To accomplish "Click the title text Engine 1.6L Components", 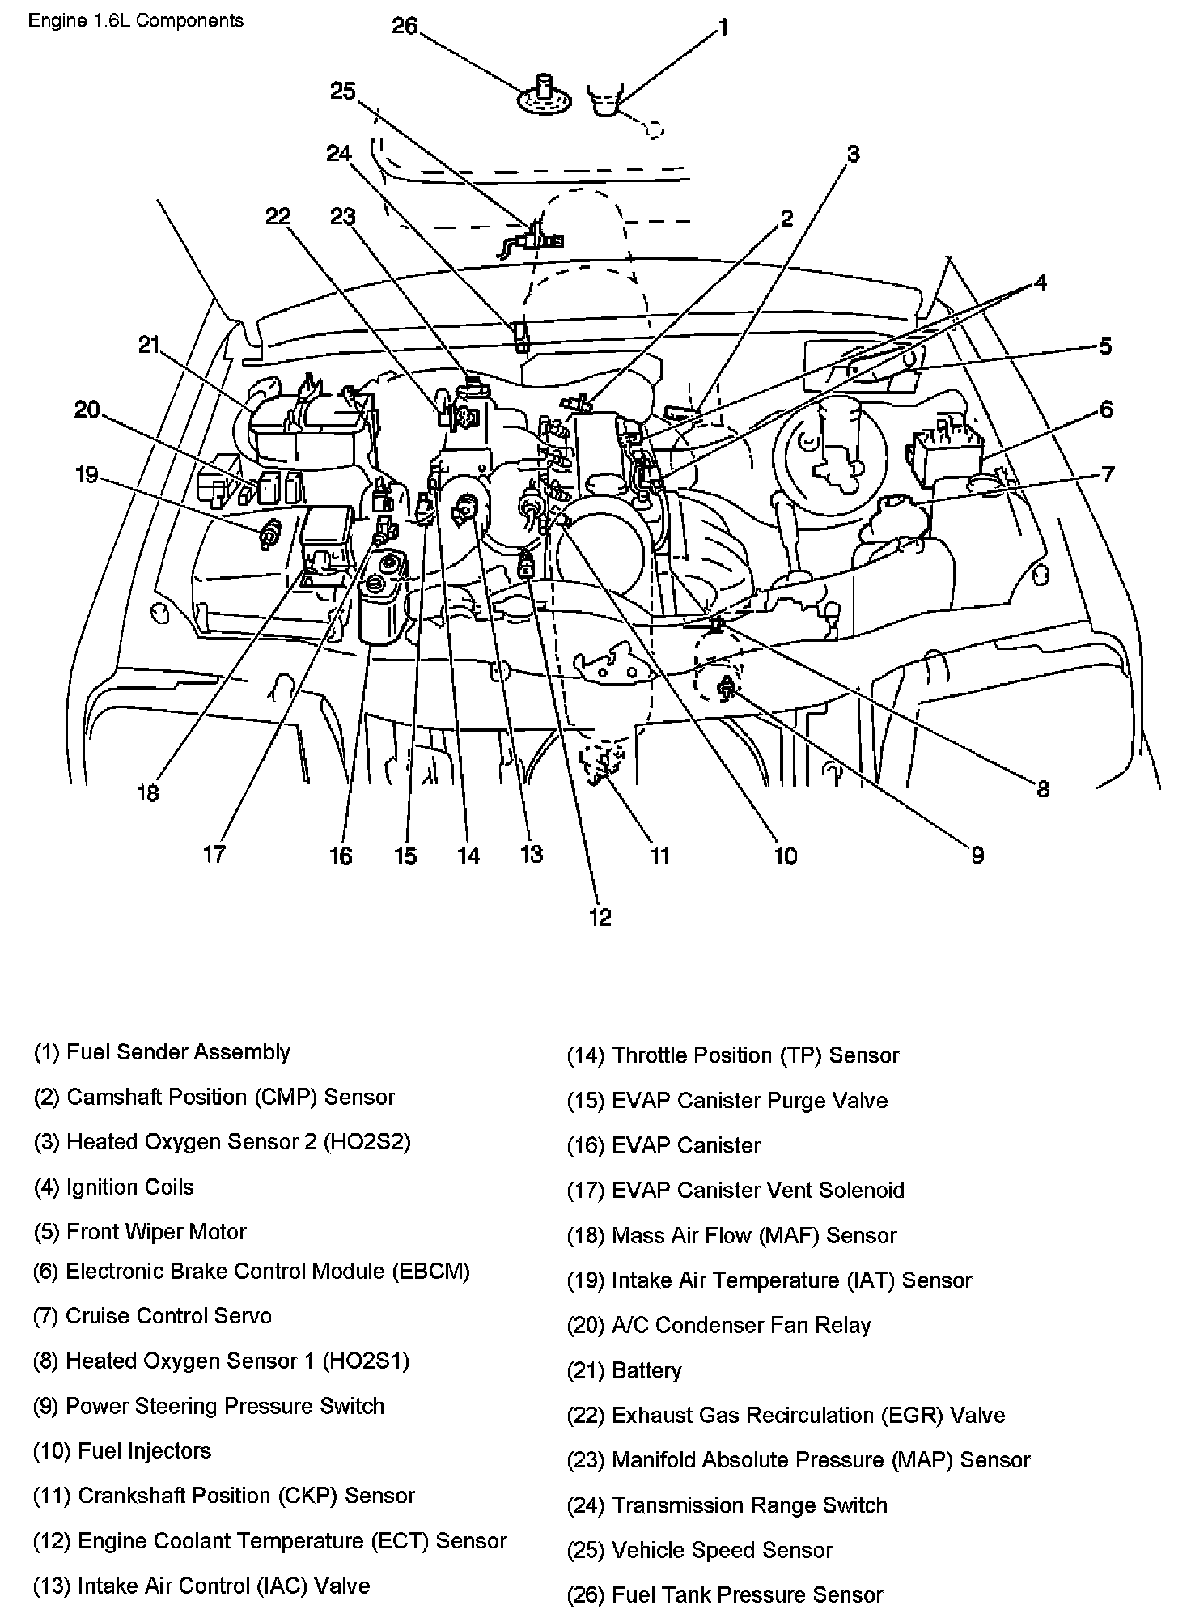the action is [136, 21].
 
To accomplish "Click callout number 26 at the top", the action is [405, 27].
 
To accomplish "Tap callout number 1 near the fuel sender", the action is [723, 28].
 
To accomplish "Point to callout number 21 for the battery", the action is [149, 346].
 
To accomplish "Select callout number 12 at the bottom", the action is [600, 917].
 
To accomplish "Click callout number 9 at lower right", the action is [977, 855].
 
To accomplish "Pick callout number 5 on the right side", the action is [1105, 346].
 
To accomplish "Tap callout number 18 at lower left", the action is [148, 793].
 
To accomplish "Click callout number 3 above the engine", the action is [853, 154].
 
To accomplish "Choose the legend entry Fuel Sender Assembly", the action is [162, 1052].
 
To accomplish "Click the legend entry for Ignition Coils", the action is [114, 1187].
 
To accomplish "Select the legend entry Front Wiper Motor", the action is [140, 1232].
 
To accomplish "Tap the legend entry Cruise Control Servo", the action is [152, 1316].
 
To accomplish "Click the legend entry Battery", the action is [625, 1370].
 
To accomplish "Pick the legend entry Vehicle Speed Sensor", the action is [700, 1551].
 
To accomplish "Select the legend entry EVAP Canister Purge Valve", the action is [727, 1101].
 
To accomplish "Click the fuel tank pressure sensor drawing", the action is [545, 94].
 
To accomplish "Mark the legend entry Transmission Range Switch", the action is [727, 1505].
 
